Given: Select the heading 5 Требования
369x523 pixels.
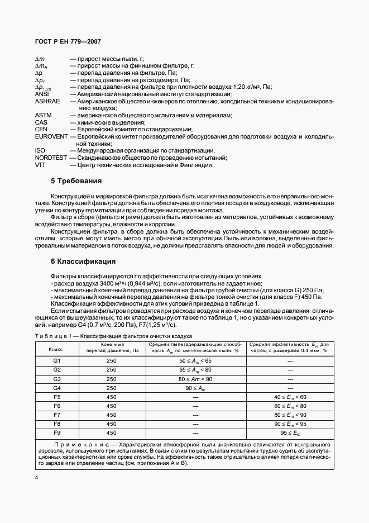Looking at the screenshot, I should pyautogui.click(x=76, y=181).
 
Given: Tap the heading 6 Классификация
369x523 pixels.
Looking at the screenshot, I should pyautogui.click(x=83, y=261).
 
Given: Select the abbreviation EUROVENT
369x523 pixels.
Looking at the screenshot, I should pyautogui.click(x=51, y=136).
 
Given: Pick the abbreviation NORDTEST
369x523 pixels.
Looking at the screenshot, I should pyautogui.click(x=51, y=158).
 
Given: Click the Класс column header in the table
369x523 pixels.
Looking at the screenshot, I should pyautogui.click(x=56, y=349).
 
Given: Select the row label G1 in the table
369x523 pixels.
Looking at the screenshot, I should pyautogui.click(x=56, y=361).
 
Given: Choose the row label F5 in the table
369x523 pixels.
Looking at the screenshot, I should pyautogui.click(x=56, y=397).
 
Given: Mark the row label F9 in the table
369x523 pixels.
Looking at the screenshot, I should pyautogui.click(x=56, y=432).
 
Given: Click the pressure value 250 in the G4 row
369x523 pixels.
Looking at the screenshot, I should pyautogui.click(x=111, y=388).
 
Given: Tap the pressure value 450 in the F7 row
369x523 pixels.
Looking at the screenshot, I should pyautogui.click(x=111, y=415).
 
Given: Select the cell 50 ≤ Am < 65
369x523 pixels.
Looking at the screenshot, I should pyautogui.click(x=195, y=361).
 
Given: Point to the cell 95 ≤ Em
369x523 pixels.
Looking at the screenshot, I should pyautogui.click(x=290, y=432).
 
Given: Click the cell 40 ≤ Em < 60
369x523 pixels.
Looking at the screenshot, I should pyautogui.click(x=290, y=397).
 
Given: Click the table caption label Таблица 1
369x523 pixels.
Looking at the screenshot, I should pyautogui.click(x=54, y=336).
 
